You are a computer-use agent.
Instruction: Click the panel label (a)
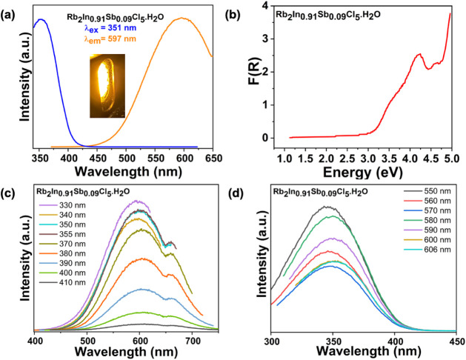coord(8,16)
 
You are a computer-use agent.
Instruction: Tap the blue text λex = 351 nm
coord(110,28)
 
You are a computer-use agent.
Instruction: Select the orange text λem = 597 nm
coord(110,39)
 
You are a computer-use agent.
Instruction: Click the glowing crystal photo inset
coord(107,86)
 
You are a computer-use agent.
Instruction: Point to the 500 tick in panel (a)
coord(126,158)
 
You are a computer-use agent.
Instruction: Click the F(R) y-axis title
coord(254,72)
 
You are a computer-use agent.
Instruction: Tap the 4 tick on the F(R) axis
coord(265,6)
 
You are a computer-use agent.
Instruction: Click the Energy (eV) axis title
coord(362,172)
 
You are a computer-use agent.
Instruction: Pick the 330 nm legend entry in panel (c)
coord(62,205)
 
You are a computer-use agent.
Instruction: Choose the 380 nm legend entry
coord(62,253)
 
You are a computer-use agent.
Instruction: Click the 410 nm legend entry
coord(62,282)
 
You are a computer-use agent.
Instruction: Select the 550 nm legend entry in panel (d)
coord(427,191)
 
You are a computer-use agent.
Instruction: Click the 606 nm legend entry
coord(427,250)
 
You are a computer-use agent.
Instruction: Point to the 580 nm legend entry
coord(427,221)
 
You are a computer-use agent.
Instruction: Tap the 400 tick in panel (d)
coord(394,341)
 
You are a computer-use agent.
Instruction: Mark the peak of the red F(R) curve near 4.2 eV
coord(420,54)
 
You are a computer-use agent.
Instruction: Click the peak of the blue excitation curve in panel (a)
coord(41,19)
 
